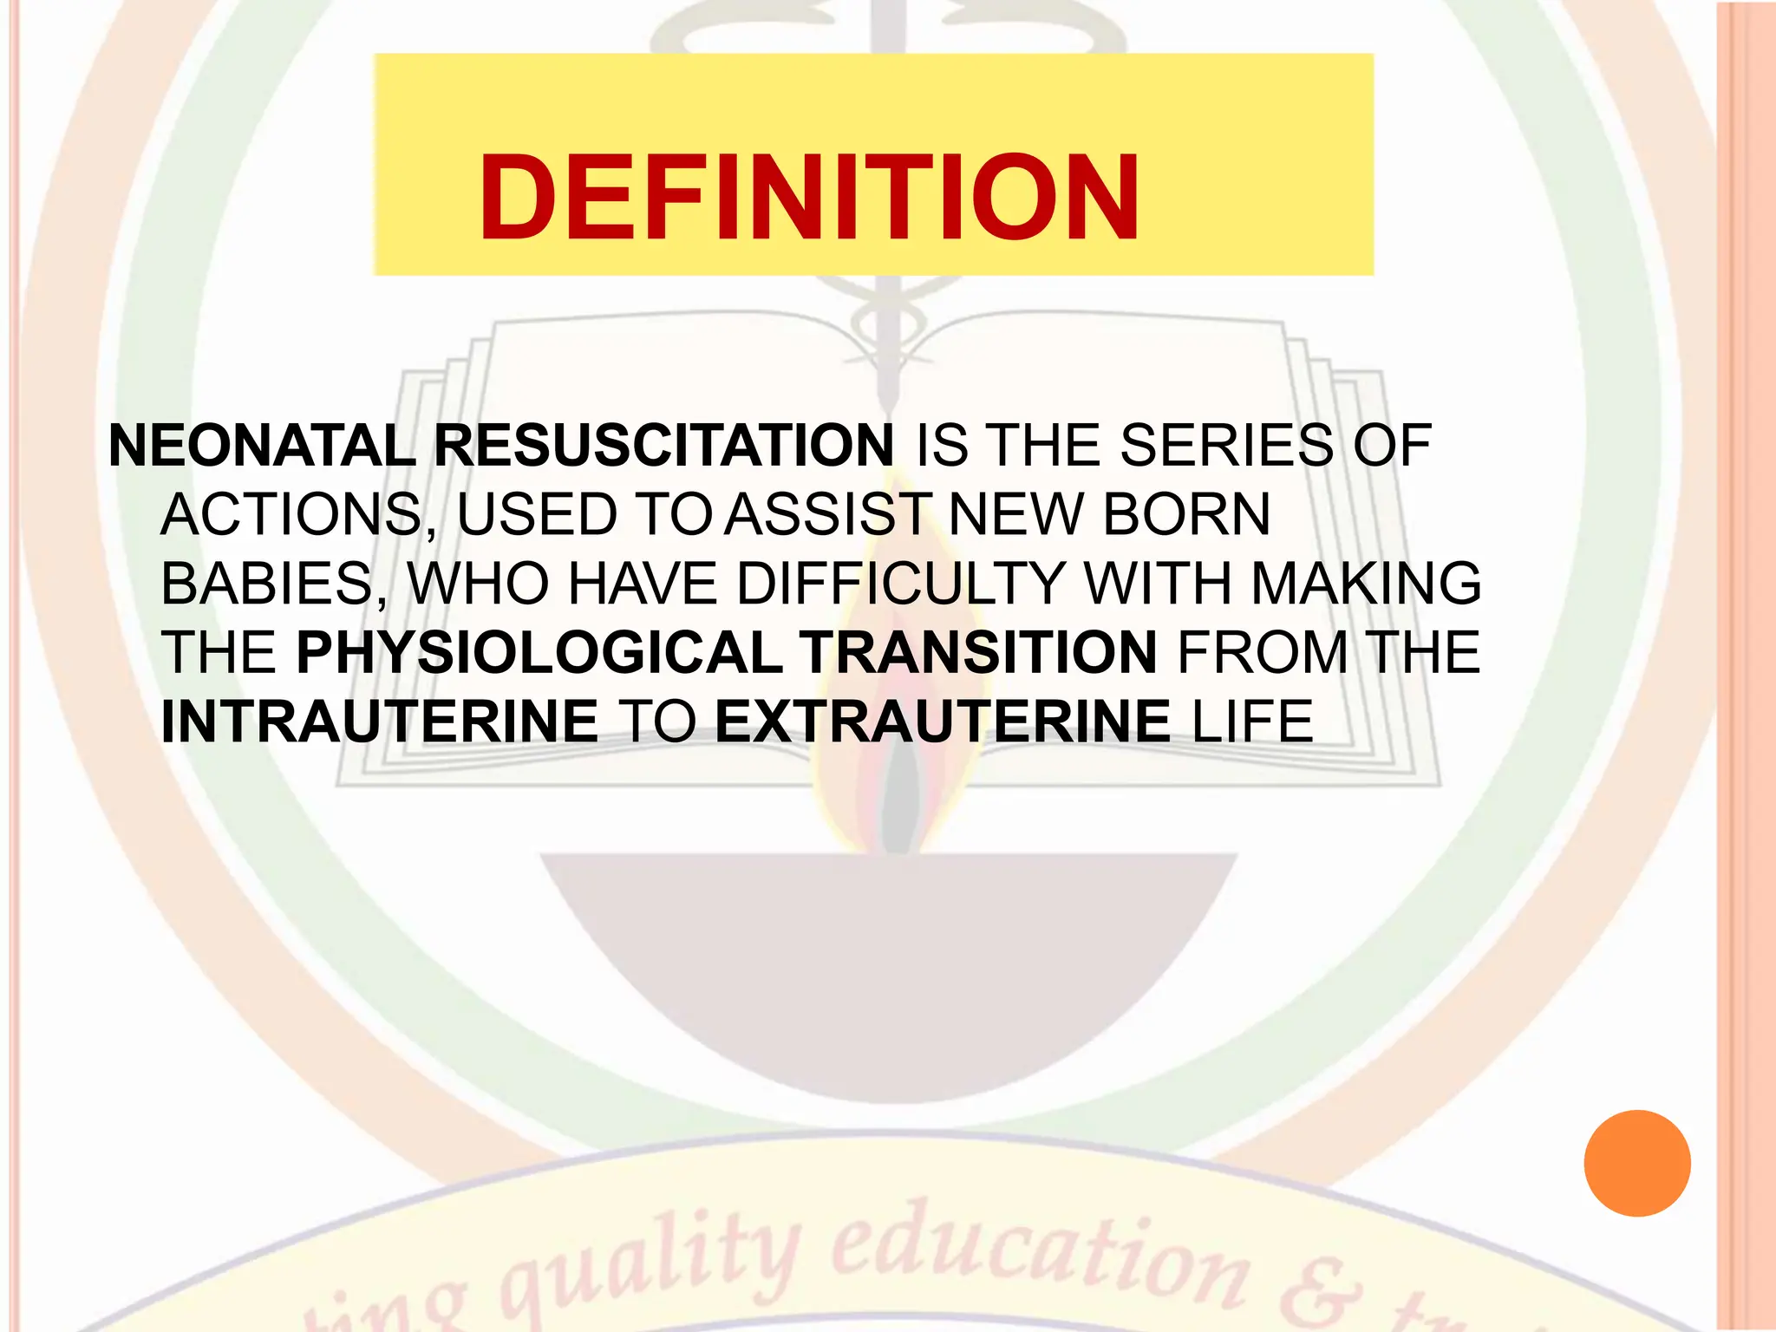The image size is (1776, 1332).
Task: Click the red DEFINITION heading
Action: coord(808,198)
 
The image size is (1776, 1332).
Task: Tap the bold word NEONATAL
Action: coord(262,446)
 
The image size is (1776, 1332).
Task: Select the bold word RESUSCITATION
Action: coord(663,446)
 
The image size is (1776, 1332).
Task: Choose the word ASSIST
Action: coord(828,514)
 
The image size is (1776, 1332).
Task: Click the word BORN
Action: coord(1186,514)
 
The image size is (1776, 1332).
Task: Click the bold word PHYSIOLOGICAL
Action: coord(539,652)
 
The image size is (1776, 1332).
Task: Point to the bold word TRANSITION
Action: coord(977,652)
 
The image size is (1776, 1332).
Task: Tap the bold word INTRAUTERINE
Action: coord(380,721)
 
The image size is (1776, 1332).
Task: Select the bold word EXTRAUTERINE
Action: coord(943,721)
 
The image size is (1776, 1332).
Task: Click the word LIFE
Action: coord(1252,721)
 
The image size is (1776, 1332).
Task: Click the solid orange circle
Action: coord(1636,1163)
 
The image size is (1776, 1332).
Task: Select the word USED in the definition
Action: coord(536,514)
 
